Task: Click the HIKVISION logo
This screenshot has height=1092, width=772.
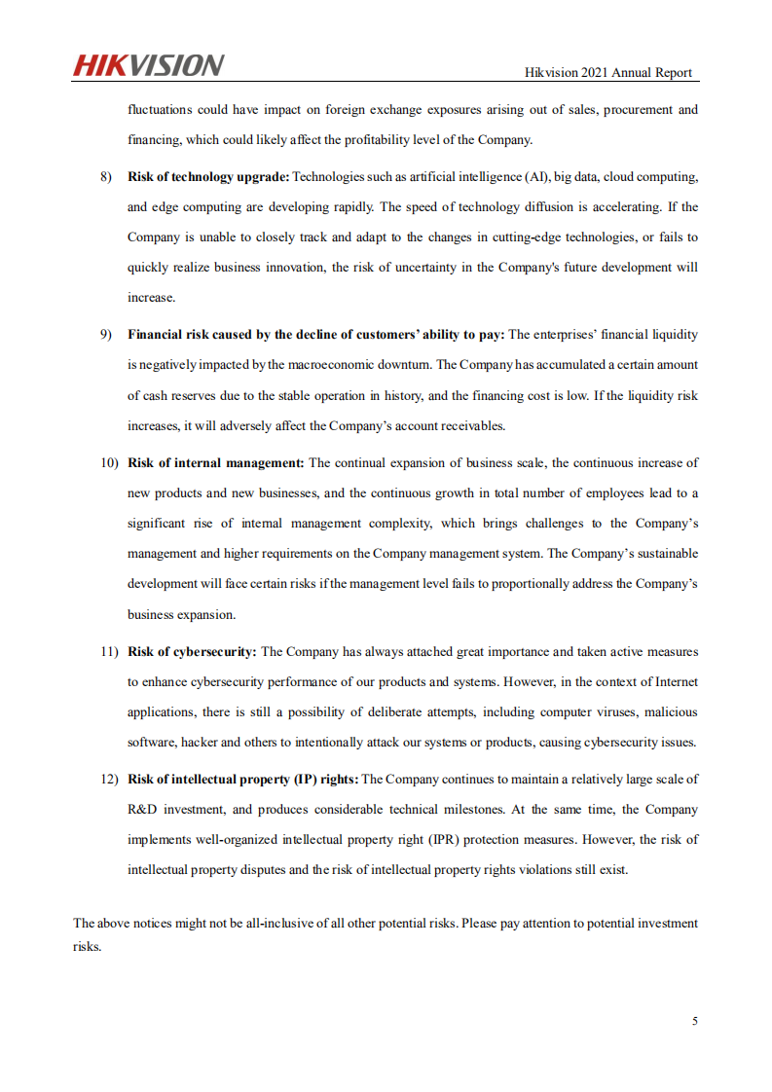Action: click(x=148, y=65)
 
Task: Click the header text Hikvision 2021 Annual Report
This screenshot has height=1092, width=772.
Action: click(x=608, y=72)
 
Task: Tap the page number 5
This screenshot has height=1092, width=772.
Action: click(x=694, y=1021)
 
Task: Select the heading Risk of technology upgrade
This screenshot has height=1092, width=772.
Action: click(x=208, y=177)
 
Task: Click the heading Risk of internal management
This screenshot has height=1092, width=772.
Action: click(x=216, y=462)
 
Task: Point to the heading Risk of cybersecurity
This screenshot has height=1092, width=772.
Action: click(x=192, y=652)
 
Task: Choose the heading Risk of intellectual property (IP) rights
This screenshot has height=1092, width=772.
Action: click(x=242, y=779)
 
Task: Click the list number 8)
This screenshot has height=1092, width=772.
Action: click(x=107, y=177)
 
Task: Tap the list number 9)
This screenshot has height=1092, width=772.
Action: click(x=107, y=335)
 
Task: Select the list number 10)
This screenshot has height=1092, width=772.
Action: click(x=108, y=462)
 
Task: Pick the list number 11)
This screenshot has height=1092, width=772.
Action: click(x=108, y=652)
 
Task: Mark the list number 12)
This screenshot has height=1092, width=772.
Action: click(x=108, y=779)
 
